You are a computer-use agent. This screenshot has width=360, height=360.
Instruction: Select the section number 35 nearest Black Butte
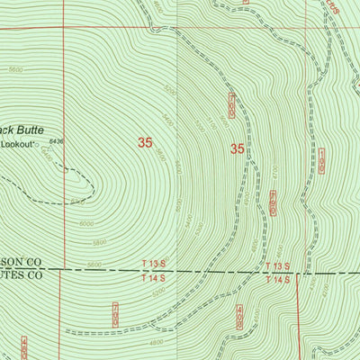tap(145, 142)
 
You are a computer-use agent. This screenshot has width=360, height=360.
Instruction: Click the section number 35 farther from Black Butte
tap(238, 148)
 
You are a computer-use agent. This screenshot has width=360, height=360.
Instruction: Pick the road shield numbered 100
tap(321, 161)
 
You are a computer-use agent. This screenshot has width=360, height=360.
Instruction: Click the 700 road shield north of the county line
tap(231, 105)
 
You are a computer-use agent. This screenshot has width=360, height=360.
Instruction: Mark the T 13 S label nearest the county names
tap(155, 263)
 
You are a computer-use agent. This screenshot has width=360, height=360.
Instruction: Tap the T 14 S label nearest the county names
tap(155, 278)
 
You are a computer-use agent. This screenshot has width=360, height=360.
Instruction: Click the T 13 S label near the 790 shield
tap(278, 266)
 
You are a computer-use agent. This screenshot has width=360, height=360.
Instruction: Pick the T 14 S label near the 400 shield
tap(278, 280)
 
